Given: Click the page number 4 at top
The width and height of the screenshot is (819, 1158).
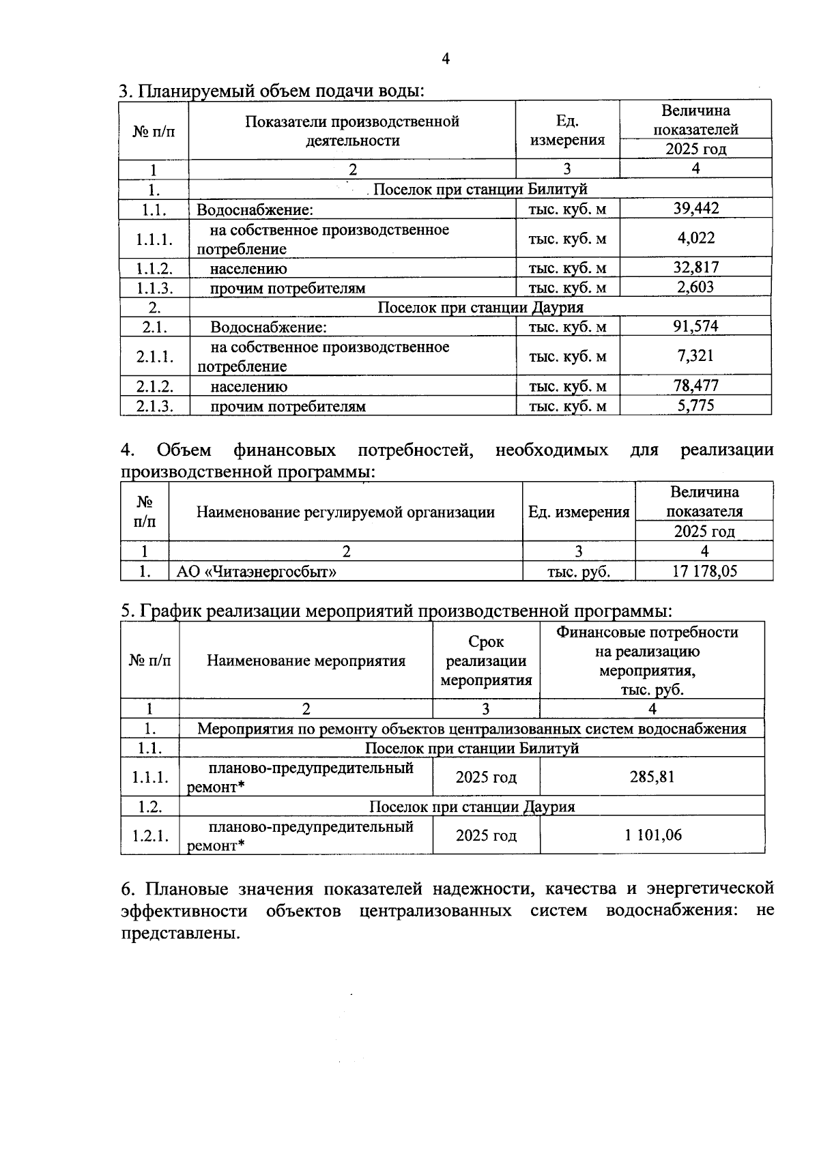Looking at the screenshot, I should coord(446,59).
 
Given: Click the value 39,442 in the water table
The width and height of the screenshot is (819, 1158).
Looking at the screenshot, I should coord(695,209).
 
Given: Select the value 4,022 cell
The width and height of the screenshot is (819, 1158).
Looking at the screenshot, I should coord(695,238).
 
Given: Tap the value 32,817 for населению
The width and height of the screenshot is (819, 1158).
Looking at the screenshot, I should coord(695,267).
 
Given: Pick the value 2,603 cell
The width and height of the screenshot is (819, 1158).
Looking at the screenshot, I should coord(695,287).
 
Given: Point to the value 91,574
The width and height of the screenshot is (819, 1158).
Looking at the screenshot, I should coord(695,326).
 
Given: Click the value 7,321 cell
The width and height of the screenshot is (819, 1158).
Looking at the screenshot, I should coord(695,356).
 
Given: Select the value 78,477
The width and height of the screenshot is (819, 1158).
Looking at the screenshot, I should coord(695,386).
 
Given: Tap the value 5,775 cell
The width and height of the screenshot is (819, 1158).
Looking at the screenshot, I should coord(695,405).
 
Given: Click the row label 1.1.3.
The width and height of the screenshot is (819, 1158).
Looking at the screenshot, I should coord(154,288).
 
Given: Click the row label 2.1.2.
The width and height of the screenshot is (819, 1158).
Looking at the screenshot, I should coord(154,386).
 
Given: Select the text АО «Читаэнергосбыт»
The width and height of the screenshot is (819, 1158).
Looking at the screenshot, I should coord(257,571).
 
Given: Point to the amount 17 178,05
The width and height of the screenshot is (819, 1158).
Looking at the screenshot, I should coord(704,571).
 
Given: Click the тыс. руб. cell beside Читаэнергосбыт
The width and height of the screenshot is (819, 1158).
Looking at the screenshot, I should coord(578,571).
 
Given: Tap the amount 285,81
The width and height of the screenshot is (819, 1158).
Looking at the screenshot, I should coord(652,777).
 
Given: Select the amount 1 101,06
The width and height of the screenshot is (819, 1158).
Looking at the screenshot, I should coord(652,835).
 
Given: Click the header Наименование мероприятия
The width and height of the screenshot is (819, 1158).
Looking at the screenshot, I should coord(306,661).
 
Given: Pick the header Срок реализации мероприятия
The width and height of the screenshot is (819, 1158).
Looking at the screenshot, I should coord(486,661).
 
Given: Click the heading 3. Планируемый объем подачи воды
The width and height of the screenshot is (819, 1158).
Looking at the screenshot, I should coord(272,91).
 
